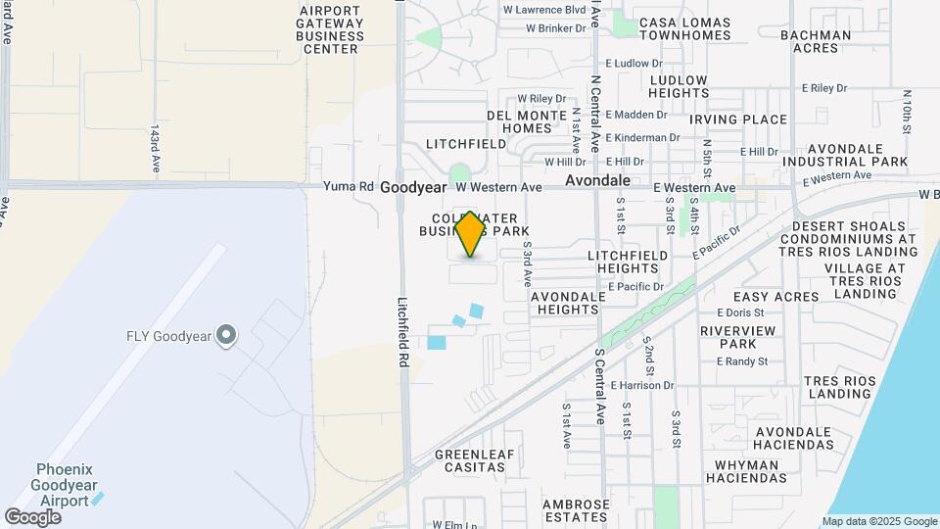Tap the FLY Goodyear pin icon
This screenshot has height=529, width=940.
click(x=227, y=336)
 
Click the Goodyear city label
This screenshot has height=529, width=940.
click(x=412, y=186)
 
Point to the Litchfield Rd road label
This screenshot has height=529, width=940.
click(x=402, y=333)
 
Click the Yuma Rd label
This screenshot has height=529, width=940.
click(x=352, y=186)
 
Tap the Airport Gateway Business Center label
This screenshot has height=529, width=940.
click(x=331, y=29)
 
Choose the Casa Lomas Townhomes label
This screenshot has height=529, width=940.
click(x=684, y=28)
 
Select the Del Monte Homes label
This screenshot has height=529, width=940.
click(x=527, y=121)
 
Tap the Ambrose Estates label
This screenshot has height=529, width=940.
click(x=576, y=511)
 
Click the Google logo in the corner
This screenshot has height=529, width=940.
click(x=32, y=516)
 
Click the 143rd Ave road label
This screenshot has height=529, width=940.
click(x=155, y=149)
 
